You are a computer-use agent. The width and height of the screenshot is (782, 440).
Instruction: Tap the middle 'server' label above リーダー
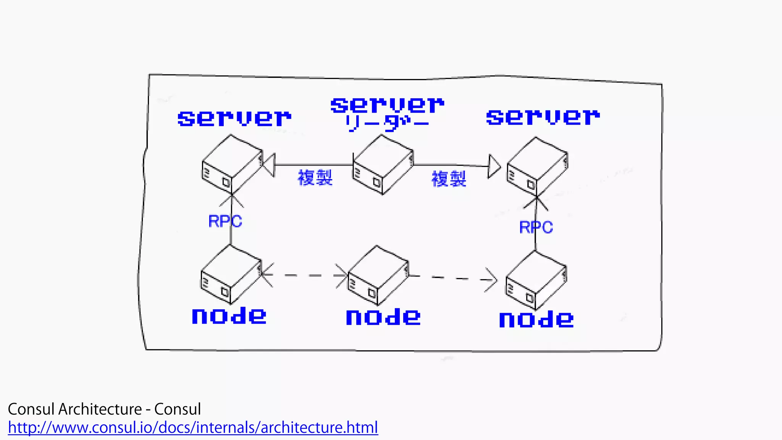387,105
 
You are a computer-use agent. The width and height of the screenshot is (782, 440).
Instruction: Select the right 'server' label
543,117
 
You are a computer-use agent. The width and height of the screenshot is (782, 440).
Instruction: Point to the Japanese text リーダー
386,123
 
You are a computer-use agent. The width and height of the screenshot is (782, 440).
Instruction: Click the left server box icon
232,165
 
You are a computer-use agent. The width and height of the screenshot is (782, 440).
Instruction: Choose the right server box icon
537,167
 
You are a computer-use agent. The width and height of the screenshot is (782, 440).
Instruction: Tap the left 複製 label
315,178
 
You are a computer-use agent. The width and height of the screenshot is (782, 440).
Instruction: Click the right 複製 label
449,178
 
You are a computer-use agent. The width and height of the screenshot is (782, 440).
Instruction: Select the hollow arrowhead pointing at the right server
494,167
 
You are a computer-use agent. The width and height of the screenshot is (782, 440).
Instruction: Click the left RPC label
225,221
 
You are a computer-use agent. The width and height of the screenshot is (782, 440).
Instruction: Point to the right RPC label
536,227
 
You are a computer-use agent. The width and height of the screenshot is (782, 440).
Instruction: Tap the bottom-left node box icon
231,275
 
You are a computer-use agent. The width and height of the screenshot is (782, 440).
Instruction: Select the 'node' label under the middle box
383,317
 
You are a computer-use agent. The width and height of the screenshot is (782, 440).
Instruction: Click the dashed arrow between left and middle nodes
304,275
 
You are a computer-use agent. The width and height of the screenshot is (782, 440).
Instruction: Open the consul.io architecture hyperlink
193,427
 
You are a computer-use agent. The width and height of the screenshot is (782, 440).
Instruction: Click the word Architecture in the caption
100,409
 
